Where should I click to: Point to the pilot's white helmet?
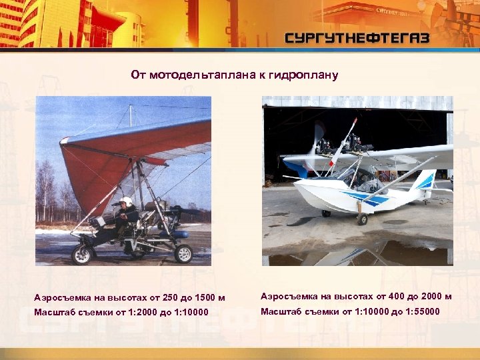tap(127, 201)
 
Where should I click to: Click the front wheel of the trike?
tap(83, 254)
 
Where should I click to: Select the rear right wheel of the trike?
tap(183, 253)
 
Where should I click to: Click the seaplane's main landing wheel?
tap(362, 219)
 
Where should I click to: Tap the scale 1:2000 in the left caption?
tap(139, 312)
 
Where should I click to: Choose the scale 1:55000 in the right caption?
tap(421, 311)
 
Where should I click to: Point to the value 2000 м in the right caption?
tap(433, 296)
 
